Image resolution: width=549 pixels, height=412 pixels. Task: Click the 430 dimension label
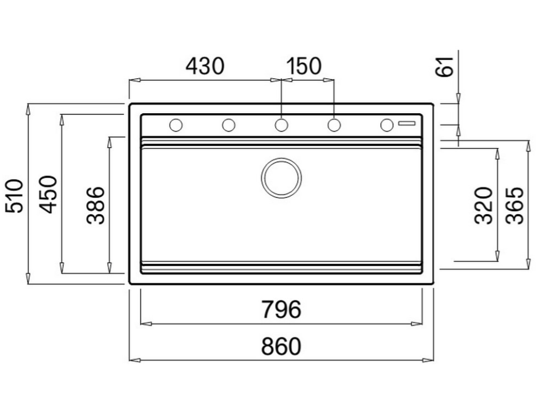204,67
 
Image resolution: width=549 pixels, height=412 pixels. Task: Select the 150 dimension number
303,67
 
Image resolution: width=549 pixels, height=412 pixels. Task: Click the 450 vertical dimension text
49,194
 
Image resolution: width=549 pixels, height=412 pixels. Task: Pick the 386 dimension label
95,205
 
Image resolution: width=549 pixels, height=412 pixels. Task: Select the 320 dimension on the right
484,205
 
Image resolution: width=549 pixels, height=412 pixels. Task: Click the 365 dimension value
515,205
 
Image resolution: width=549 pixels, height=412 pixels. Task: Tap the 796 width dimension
281,310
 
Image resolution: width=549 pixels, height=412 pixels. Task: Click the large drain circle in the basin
281,178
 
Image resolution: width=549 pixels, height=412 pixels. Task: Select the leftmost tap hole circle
175,125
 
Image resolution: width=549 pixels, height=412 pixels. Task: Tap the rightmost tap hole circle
387,125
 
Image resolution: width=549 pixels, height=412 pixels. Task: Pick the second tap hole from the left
228,125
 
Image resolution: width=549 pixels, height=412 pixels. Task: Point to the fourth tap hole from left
334,125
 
